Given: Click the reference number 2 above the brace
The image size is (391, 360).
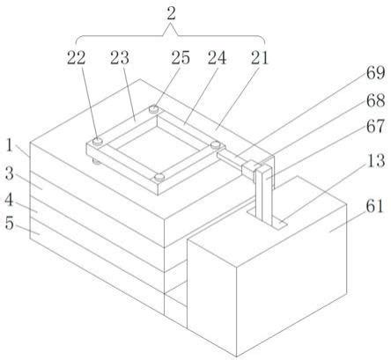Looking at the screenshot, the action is tap(171, 14).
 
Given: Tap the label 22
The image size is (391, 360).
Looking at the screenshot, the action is tap(77, 57).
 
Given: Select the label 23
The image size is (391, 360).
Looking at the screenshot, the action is tap(120, 57).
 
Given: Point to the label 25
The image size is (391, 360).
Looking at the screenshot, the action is tap(181, 57).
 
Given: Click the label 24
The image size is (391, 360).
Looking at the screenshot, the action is tap(218, 57).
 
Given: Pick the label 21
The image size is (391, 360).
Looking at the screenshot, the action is tap(260, 57).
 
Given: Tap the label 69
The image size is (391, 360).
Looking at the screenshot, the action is tap(375, 73).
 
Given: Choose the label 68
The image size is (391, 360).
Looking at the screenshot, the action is tap(375, 100).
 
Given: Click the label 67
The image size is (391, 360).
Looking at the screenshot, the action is tap(375, 126).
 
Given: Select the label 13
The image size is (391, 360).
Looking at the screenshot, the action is tap(376, 160).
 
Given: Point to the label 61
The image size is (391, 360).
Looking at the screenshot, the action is tap(375, 206).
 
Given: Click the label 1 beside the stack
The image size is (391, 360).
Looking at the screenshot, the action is tap(10, 145).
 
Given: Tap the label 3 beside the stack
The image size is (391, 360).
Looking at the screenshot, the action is tap(10, 173).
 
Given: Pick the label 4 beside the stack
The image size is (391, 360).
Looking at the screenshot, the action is tap(9, 200).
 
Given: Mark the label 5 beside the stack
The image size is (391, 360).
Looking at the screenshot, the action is tap(10, 224).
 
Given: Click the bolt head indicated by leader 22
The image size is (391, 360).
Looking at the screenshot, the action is tap(98, 141).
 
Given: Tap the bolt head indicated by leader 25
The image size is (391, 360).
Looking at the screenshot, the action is tap(154, 109).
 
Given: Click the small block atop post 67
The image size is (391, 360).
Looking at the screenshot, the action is tap(249, 168).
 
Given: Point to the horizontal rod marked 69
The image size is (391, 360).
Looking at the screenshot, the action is tap(230, 159).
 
